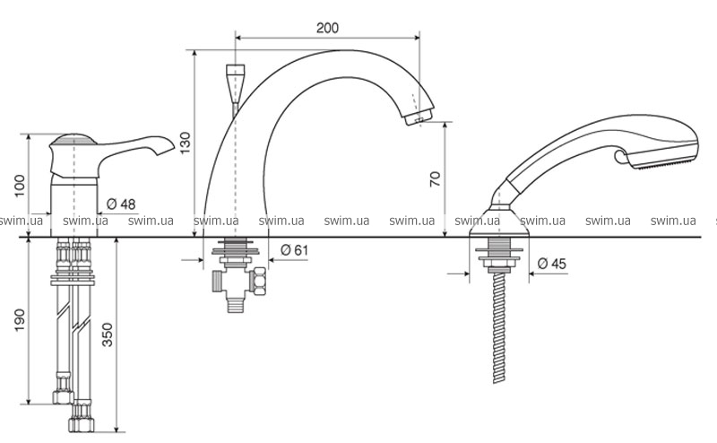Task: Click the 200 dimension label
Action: pyautogui.click(x=327, y=28)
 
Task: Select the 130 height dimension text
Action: pyautogui.click(x=185, y=143)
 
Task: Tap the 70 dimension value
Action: pyautogui.click(x=435, y=178)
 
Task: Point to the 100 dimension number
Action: pyautogui.click(x=20, y=186)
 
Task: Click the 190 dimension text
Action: pyautogui.click(x=20, y=320)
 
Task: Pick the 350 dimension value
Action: pyautogui.click(x=107, y=334)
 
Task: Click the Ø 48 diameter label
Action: pyautogui.click(x=121, y=204)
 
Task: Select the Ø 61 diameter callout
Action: pyautogui.click(x=295, y=250)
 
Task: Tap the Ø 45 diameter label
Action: pyautogui.click(x=552, y=264)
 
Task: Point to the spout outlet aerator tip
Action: pyautogui.click(x=419, y=117)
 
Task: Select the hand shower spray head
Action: pyautogui.click(x=659, y=143)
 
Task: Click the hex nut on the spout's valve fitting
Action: pyautogui.click(x=259, y=282)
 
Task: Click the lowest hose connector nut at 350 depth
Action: pyautogui.click(x=82, y=424)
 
